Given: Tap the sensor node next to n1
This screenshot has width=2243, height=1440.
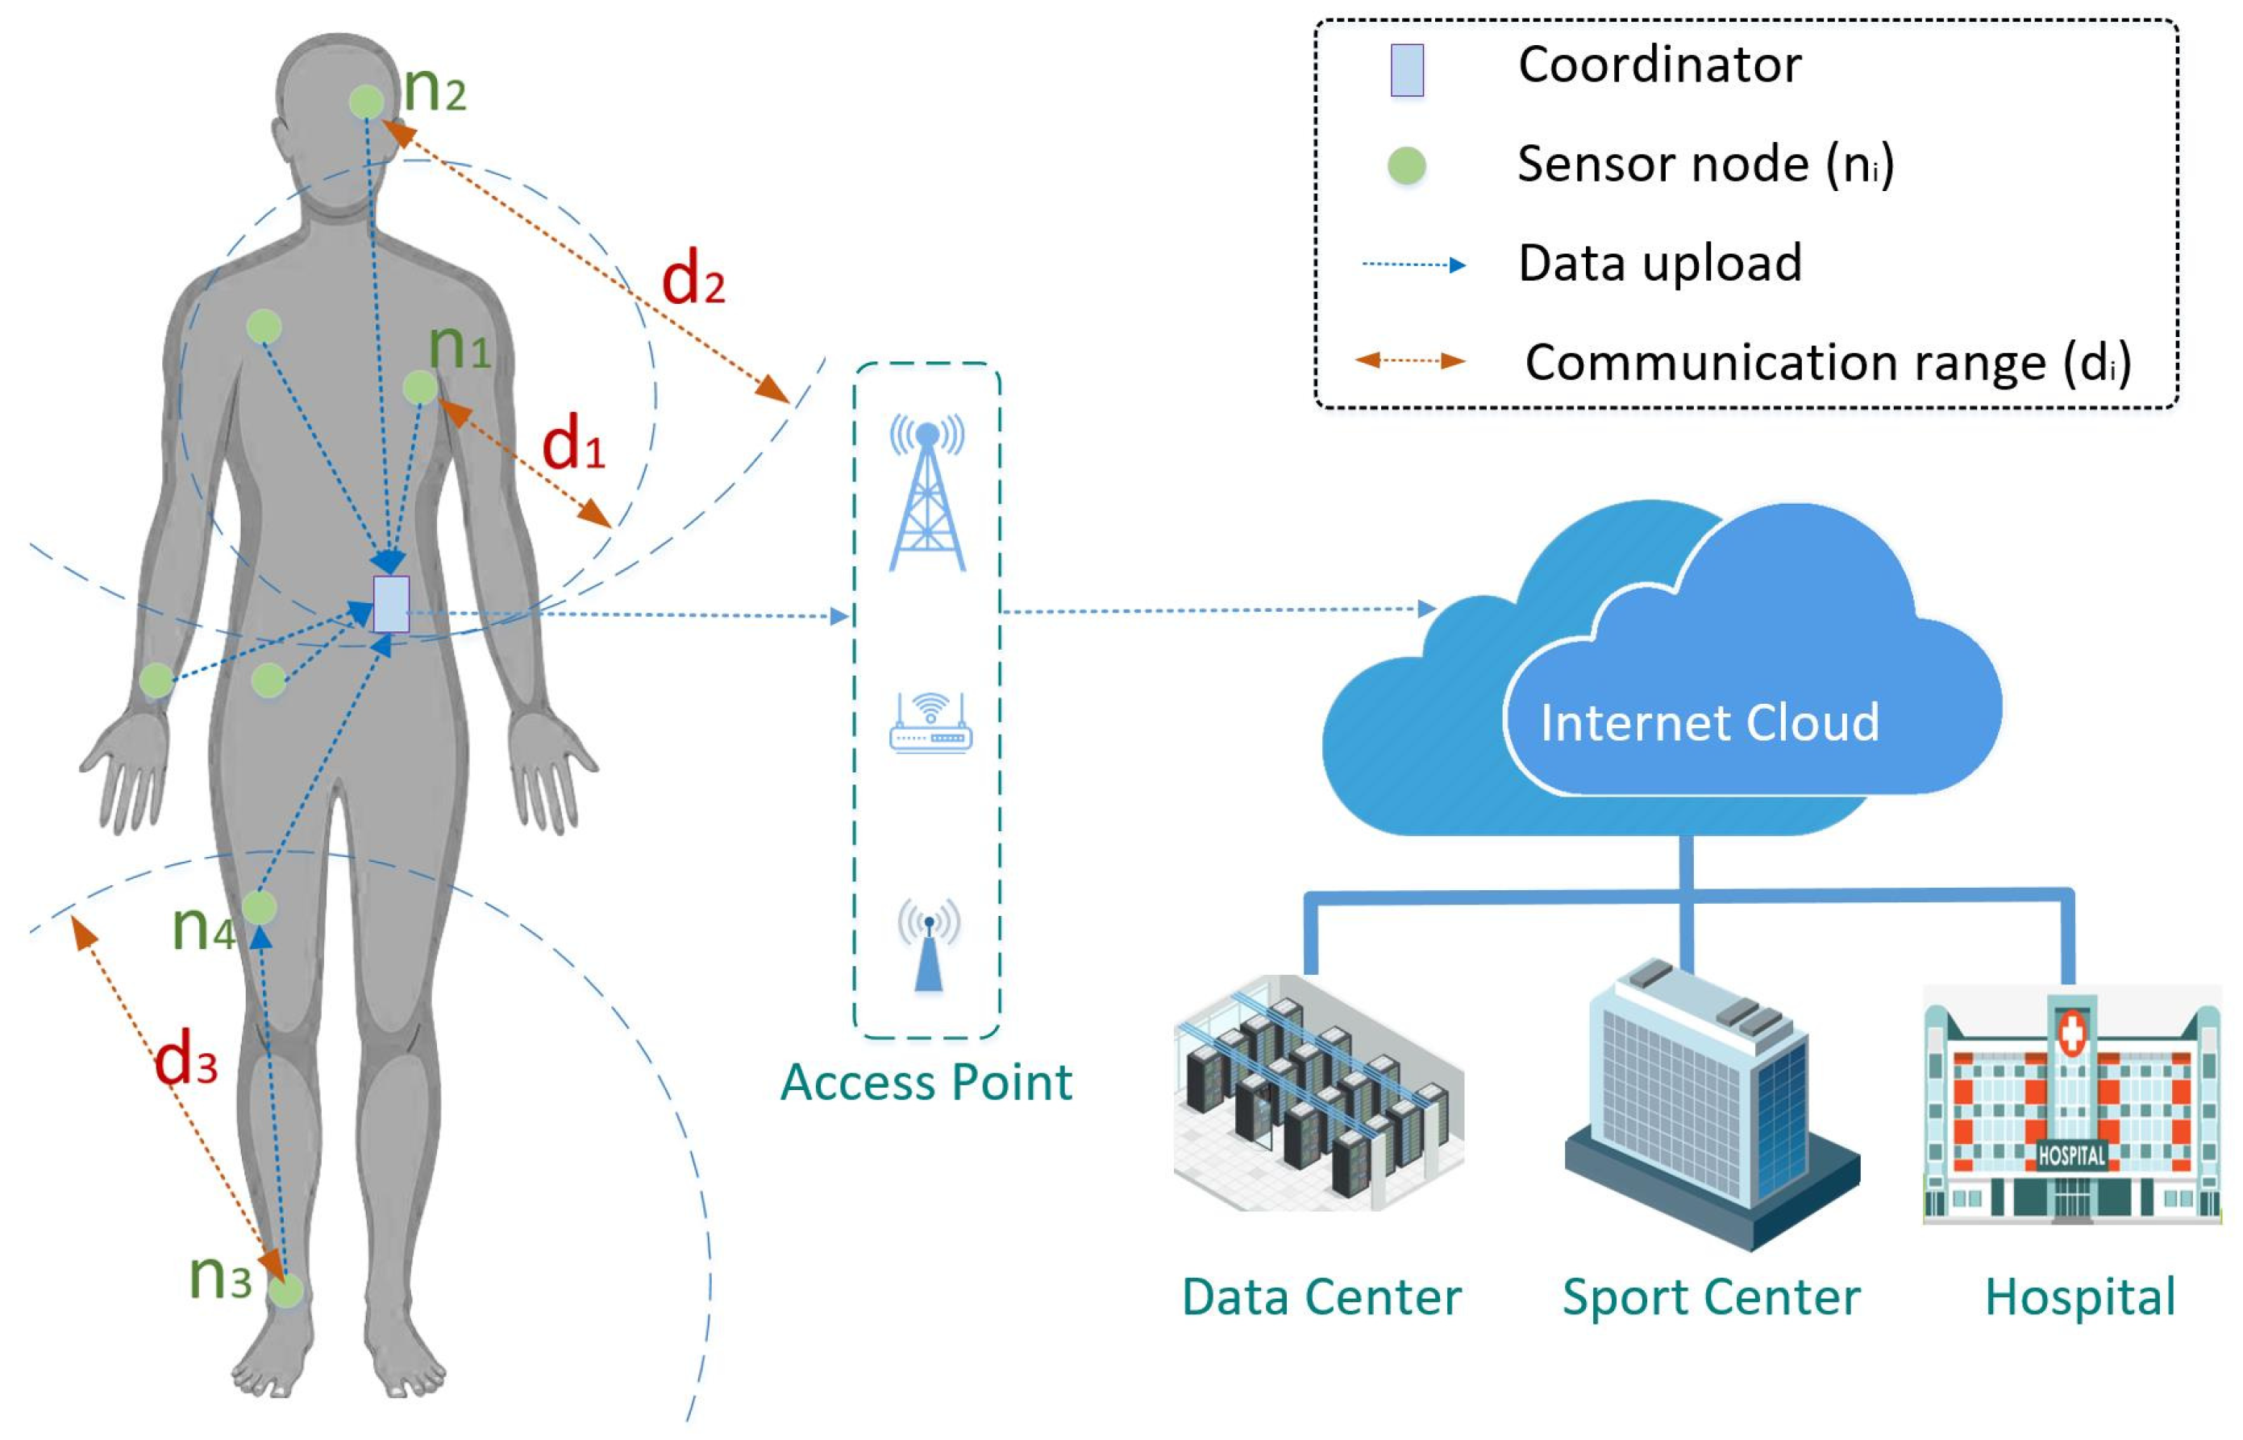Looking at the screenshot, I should (420, 387).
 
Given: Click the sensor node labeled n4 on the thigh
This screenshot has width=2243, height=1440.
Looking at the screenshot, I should (259, 908).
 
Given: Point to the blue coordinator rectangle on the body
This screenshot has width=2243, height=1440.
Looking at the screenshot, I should (391, 605).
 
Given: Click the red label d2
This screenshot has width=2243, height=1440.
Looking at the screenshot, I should (692, 281).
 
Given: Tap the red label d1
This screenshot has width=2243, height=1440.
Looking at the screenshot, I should (573, 444).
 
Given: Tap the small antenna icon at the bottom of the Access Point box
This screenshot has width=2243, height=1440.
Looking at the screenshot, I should (929, 945).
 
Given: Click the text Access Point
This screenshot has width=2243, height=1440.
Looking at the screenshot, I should (926, 1083).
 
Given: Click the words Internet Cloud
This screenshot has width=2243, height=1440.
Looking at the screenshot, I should (1708, 722).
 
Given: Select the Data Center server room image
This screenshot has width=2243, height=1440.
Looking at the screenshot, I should (1317, 1094).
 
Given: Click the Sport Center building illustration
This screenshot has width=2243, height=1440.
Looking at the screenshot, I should (1710, 1103).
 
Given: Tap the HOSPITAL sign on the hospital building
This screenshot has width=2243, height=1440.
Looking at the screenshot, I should (2071, 1155).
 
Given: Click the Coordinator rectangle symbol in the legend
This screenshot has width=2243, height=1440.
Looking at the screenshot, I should (1406, 70).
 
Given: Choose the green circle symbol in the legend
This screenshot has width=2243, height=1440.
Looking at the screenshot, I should (1406, 165).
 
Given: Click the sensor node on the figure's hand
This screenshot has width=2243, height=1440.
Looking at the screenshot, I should (156, 680).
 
